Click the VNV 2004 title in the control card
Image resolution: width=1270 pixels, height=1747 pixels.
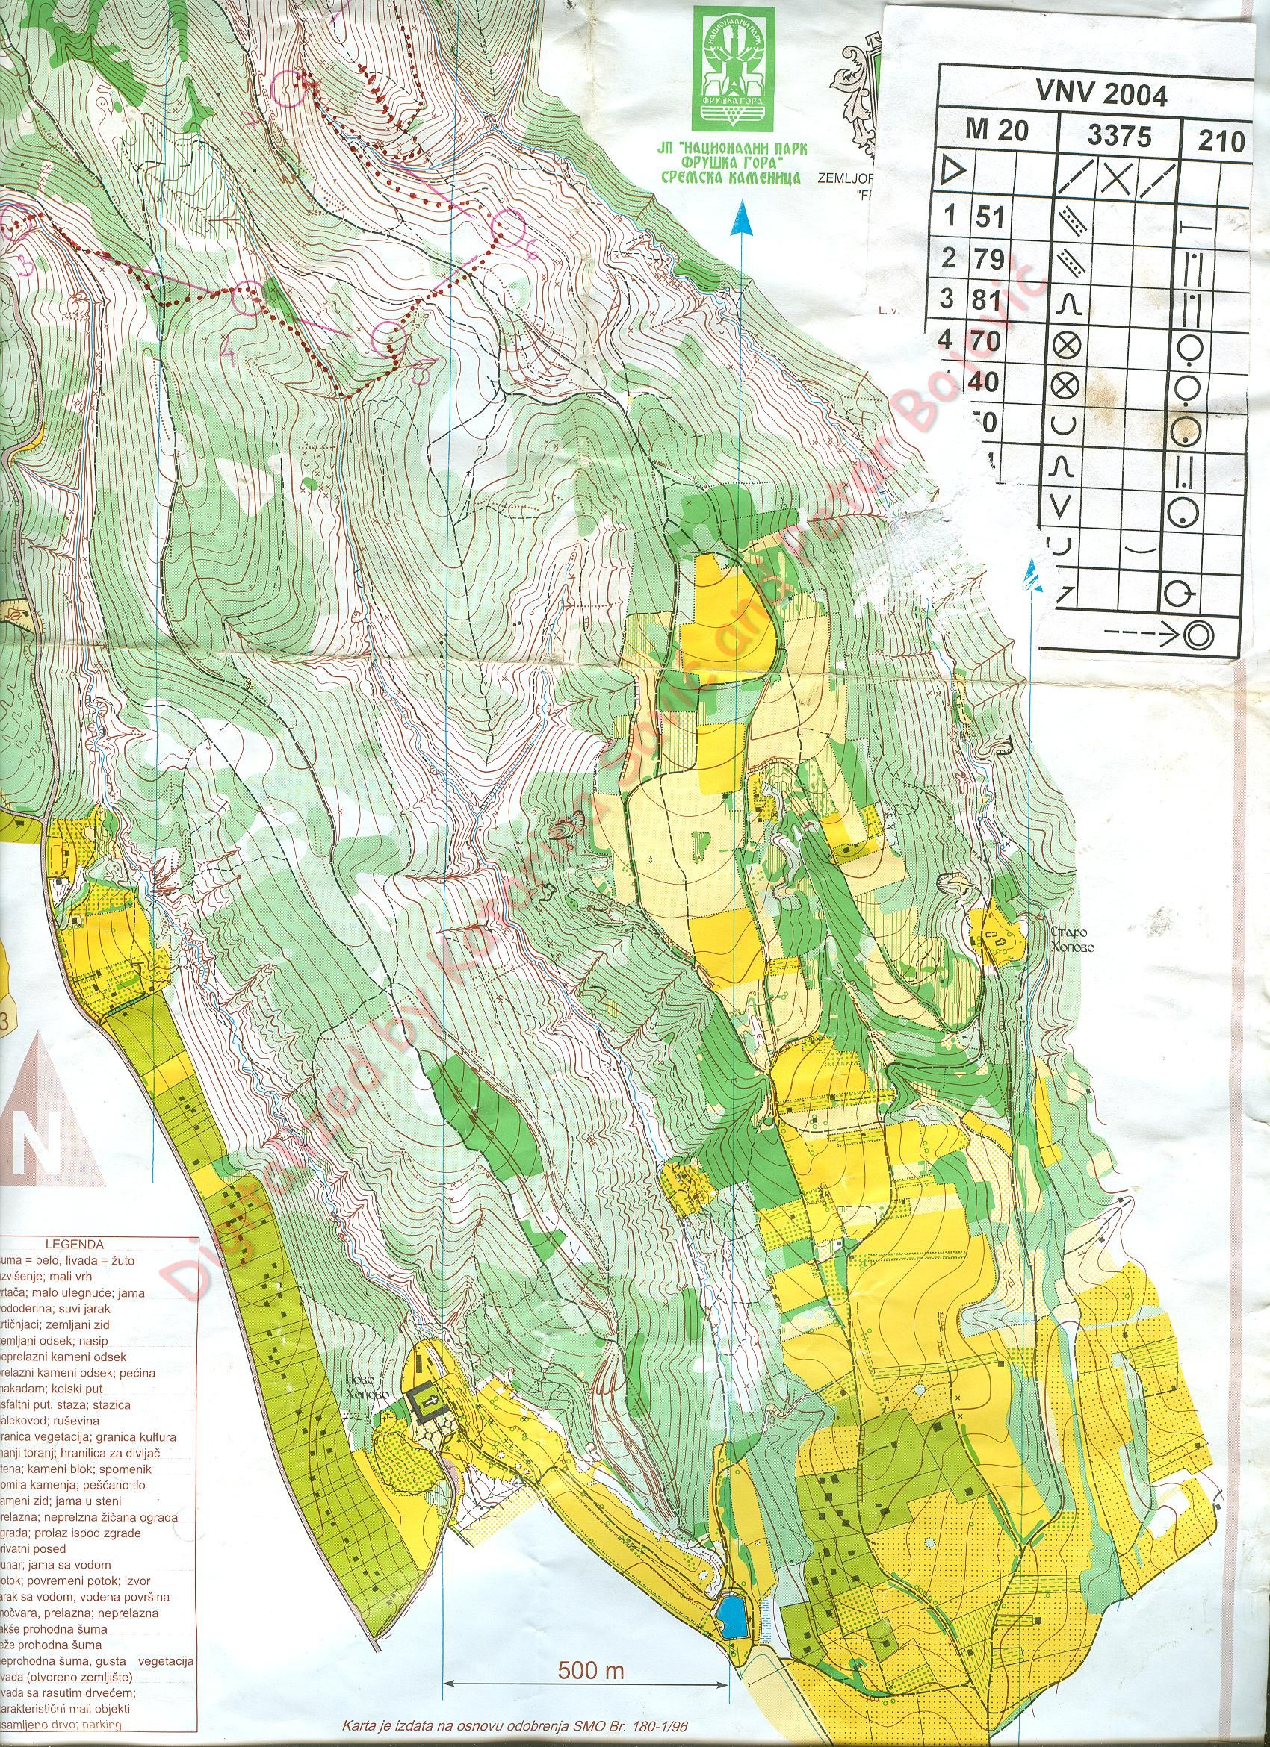click(1101, 94)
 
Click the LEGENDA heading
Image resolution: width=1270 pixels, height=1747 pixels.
click(75, 1243)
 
